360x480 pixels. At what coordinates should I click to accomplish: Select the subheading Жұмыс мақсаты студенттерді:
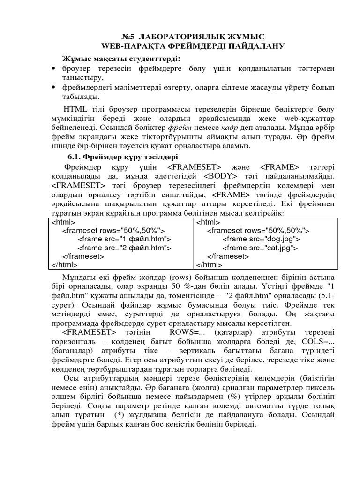coord(115,58)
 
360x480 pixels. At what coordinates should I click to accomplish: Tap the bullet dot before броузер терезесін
coord(52,69)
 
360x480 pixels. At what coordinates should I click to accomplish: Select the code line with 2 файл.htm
coord(124,247)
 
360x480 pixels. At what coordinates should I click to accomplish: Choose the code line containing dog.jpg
coord(261,239)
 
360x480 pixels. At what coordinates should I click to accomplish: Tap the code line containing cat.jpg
coord(260,247)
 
